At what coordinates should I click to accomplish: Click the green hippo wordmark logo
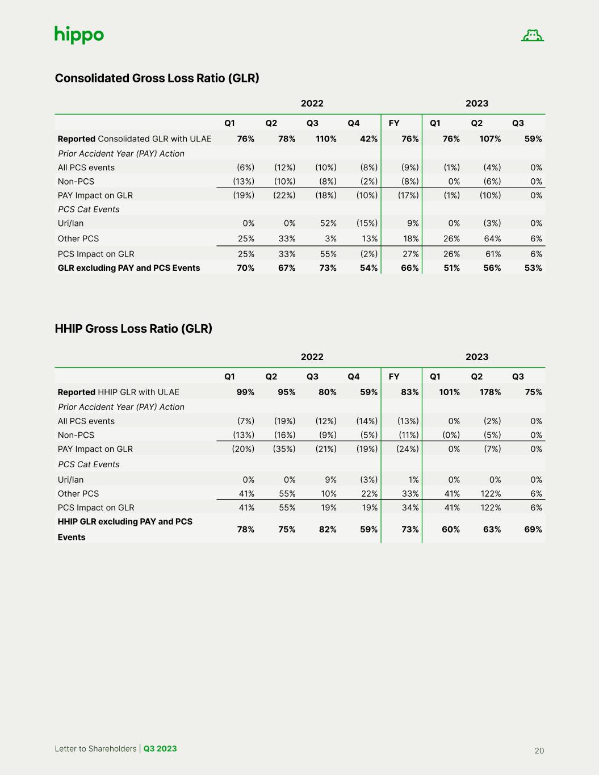(79, 35)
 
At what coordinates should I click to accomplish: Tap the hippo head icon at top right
(532, 36)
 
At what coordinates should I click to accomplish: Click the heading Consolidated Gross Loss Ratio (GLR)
(157, 78)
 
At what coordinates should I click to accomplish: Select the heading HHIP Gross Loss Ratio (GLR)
(133, 329)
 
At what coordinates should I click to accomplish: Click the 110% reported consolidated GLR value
(326, 139)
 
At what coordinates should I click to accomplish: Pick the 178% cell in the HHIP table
(490, 392)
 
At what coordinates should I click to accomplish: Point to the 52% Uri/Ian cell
(328, 223)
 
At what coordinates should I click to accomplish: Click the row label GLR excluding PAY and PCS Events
(129, 268)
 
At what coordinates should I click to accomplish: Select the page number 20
(539, 751)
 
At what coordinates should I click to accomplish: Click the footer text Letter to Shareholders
(95, 748)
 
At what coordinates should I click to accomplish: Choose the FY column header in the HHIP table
(394, 376)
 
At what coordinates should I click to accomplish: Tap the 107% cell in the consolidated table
(490, 139)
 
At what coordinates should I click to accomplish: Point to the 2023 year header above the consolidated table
(477, 103)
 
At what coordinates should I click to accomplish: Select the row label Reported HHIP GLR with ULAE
(118, 392)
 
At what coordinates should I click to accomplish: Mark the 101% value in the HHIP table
(449, 392)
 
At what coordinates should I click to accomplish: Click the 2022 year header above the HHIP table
(312, 357)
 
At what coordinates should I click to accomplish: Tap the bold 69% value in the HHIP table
(533, 529)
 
